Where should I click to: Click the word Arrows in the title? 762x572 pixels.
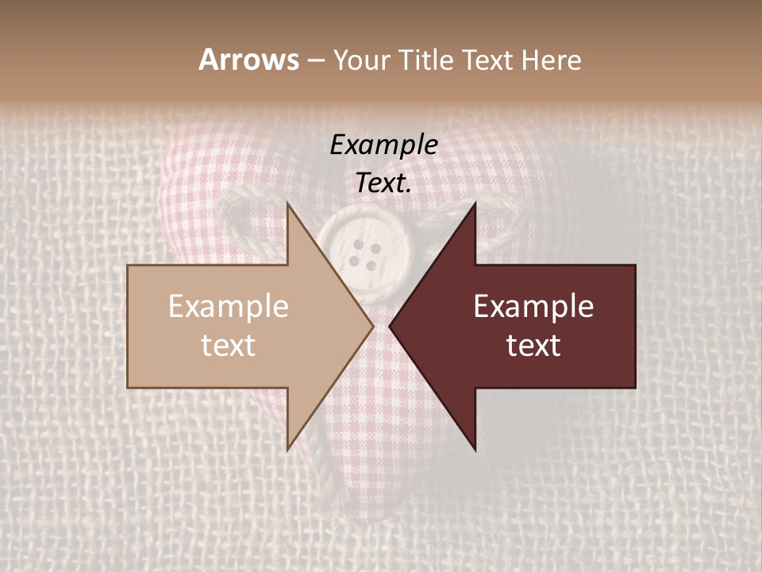[248, 60]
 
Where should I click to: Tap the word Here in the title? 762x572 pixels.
[552, 60]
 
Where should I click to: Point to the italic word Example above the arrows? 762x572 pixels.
[383, 145]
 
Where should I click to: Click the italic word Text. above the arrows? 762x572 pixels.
[383, 184]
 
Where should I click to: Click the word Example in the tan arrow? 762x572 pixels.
[229, 307]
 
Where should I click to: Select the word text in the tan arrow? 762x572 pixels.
[229, 346]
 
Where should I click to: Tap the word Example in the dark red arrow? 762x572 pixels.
[533, 307]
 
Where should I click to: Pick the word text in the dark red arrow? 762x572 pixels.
[533, 346]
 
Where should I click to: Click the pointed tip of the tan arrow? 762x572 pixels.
[371, 326]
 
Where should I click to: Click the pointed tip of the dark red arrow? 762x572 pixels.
[391, 326]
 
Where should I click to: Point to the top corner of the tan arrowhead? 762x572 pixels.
[287, 204]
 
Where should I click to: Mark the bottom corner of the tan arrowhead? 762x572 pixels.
[287, 449]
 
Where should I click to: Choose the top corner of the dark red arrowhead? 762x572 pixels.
[475, 204]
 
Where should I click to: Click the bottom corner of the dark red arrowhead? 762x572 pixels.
[475, 449]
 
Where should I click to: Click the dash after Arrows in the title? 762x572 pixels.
[315, 61]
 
